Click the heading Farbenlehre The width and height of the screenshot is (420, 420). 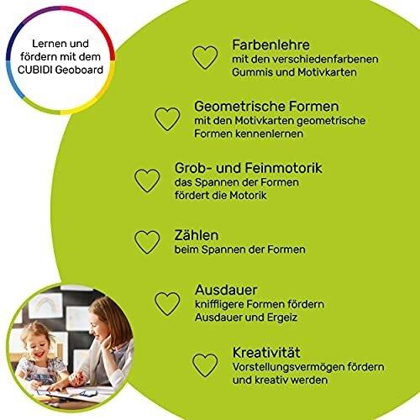pyautogui.click(x=270, y=45)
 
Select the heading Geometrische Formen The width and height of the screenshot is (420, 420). pyautogui.click(x=266, y=107)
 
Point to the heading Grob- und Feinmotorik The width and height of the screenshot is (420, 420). pyautogui.click(x=249, y=168)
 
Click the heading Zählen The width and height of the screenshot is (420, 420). pyautogui.click(x=197, y=235)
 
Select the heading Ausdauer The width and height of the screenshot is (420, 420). pyautogui.click(x=226, y=290)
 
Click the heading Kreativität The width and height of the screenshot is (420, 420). pyautogui.click(x=266, y=353)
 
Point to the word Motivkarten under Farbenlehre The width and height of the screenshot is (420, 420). pyautogui.click(x=327, y=72)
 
